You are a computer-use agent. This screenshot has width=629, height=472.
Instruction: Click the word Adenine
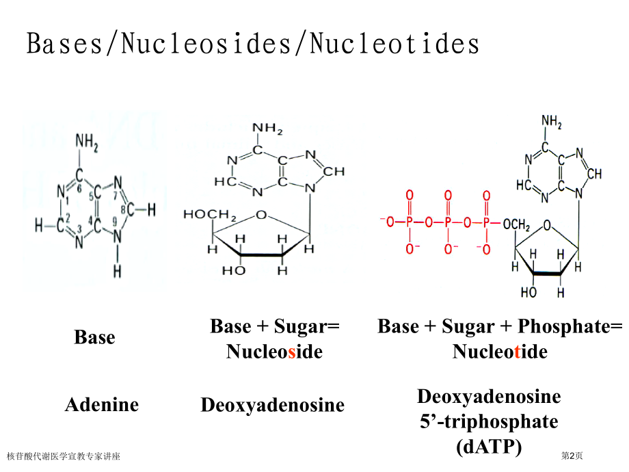coord(102,404)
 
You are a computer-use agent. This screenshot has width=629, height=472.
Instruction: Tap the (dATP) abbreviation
coord(489,447)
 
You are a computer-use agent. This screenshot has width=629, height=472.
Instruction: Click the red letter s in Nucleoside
coord(292,352)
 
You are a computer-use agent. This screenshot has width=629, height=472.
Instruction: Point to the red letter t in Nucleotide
coord(517,352)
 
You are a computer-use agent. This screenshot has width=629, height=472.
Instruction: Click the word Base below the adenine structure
coord(94,337)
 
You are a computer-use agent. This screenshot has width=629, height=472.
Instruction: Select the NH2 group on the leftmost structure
coord(87,143)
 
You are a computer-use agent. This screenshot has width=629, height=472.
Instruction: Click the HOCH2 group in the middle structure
coord(210,215)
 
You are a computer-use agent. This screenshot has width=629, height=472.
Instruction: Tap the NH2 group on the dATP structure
coord(552,122)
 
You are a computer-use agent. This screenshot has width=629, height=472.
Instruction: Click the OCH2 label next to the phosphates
coord(516,224)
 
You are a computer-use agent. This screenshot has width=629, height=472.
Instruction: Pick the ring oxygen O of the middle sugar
coord(261,215)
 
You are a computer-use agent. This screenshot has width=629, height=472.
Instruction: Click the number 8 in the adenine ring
coord(124,209)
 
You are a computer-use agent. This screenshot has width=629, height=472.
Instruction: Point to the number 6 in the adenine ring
coord(79,189)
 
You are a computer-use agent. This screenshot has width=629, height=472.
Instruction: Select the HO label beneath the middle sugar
coord(234,270)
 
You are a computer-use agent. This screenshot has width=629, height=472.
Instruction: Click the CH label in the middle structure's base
coord(334,172)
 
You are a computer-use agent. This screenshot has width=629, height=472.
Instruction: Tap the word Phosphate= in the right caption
coord(570,327)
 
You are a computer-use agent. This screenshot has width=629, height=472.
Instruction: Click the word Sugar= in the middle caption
coord(307,327)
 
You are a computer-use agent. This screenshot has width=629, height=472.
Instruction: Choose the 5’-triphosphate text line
coord(489,421)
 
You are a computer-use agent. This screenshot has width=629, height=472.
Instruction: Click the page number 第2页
coord(572,456)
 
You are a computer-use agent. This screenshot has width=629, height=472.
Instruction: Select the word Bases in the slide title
coord(64,43)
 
